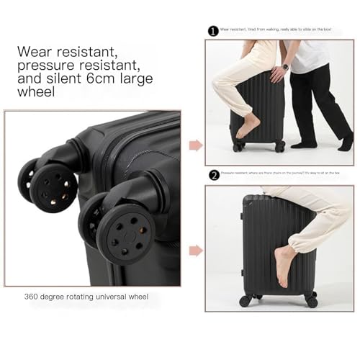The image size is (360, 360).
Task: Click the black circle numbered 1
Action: click(212, 31)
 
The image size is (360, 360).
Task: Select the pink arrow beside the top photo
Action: click(195, 145)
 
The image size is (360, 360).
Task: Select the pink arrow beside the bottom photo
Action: click(195, 251)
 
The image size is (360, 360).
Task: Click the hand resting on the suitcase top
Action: click(276, 73)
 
